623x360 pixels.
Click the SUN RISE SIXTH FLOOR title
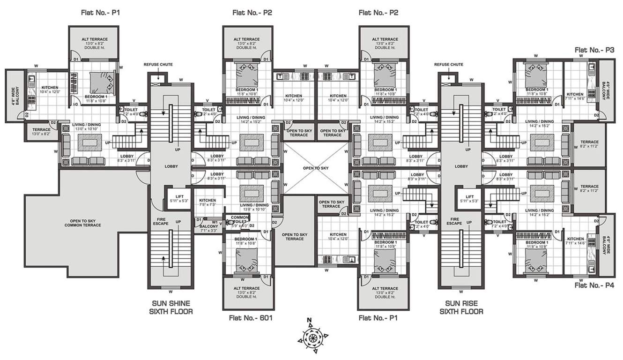461,307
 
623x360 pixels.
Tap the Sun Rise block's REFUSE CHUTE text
449,64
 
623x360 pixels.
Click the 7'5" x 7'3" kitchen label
207,202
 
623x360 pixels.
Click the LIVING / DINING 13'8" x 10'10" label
254,207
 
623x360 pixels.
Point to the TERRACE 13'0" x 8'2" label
41,131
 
